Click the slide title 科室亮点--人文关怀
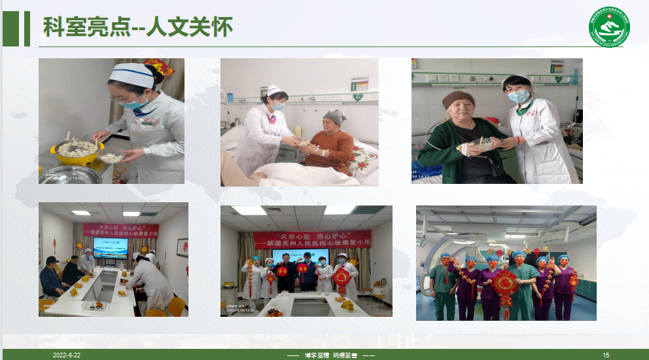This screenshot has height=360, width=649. pyautogui.click(x=137, y=28)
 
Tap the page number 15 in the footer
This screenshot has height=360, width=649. pyautogui.click(x=606, y=355)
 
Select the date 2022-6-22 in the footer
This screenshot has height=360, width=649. pyautogui.click(x=67, y=355)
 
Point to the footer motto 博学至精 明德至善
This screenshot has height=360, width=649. pyautogui.click(x=330, y=355)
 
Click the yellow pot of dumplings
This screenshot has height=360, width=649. pyautogui.click(x=77, y=152)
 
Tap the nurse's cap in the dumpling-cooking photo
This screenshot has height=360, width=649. pyautogui.click(x=132, y=74)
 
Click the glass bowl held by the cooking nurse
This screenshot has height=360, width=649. pyautogui.click(x=111, y=158)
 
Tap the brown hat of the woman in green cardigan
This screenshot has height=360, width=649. pyautogui.click(x=458, y=99)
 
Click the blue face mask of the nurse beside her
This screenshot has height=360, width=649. pyautogui.click(x=519, y=97)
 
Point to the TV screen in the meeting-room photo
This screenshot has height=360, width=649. pyautogui.click(x=111, y=247)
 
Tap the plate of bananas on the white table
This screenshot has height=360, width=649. pyautogui.click(x=347, y=304)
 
